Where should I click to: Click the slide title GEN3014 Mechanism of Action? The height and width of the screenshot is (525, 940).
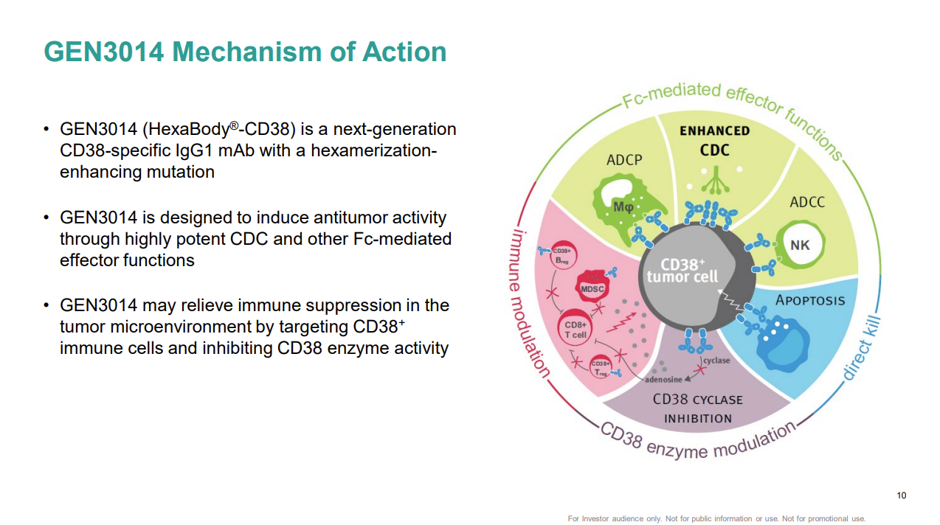[245, 52]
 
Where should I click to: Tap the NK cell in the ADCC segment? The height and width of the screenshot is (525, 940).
[800, 245]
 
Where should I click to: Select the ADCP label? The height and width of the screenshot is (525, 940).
[624, 160]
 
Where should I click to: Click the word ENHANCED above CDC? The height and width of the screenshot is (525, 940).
[714, 131]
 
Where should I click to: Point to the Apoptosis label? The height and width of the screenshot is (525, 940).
[810, 300]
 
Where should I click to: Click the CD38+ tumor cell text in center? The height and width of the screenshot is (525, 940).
[682, 271]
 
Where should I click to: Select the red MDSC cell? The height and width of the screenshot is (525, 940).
[592, 288]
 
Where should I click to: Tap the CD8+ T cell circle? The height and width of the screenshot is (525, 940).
[576, 330]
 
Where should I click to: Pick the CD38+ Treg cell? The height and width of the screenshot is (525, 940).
[601, 367]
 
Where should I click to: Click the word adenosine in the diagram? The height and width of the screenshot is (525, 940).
[663, 380]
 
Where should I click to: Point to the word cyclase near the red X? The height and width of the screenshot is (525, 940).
[716, 360]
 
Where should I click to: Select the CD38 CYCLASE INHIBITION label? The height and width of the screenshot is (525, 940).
[697, 408]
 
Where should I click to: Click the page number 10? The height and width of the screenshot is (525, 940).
[901, 495]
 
